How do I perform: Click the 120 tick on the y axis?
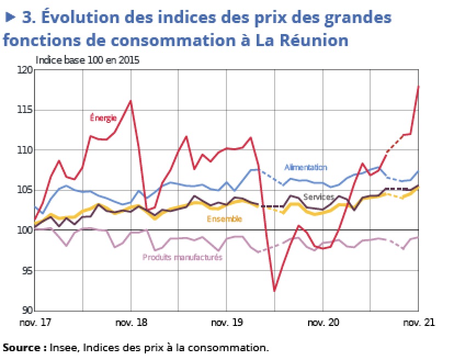25,70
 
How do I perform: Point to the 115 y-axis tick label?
25,110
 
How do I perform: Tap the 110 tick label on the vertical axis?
25,150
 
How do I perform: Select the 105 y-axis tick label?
25,190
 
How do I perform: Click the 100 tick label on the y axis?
25,230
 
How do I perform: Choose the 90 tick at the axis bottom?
27,310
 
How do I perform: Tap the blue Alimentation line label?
305,167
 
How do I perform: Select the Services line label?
319,197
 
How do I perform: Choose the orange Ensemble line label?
224,219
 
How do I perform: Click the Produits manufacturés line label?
182,257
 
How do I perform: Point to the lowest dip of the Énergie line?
274,291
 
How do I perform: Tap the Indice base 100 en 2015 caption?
87,60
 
